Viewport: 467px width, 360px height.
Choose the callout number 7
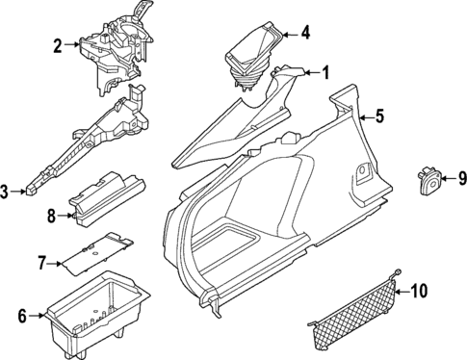pos(41,262)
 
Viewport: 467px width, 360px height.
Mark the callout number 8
pos(52,217)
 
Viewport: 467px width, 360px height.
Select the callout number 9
pos(460,177)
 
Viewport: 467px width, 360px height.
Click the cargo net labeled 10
pos(353,318)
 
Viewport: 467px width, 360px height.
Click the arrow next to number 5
pos(365,117)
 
